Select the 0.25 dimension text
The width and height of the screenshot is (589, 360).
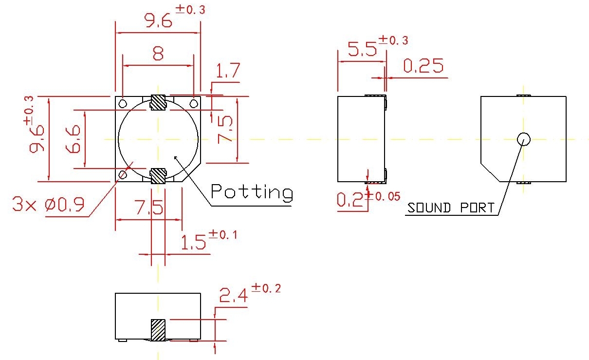pyautogui.click(x=423, y=66)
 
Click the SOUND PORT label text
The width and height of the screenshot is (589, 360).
pyautogui.click(x=450, y=208)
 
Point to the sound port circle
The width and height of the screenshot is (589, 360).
pyautogui.click(x=524, y=139)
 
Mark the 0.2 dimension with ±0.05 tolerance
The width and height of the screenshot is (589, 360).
pyautogui.click(x=352, y=200)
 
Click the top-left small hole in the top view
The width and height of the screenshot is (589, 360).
pyautogui.click(x=123, y=103)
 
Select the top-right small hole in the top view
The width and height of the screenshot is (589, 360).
pyautogui.click(x=193, y=103)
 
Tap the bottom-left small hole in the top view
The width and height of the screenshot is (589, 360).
pyautogui.click(x=123, y=174)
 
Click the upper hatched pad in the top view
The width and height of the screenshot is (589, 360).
pyautogui.click(x=158, y=102)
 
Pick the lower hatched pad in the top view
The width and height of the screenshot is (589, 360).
pyautogui.click(x=158, y=176)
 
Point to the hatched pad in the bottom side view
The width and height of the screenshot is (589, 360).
pyautogui.click(x=158, y=330)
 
